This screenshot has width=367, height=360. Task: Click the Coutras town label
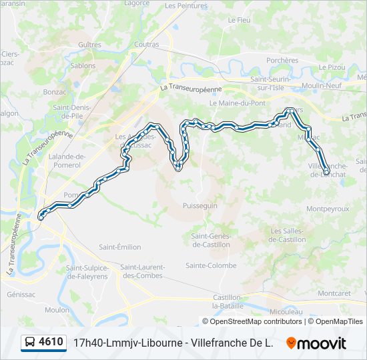[x=146, y=45]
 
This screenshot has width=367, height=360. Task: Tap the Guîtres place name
[x=89, y=45]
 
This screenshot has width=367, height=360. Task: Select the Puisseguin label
[x=200, y=206]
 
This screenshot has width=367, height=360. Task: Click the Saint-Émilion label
[x=119, y=247]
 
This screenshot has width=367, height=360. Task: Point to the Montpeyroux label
[x=327, y=209]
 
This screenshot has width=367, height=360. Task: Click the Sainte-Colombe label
[x=211, y=265]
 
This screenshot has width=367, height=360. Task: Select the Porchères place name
[x=282, y=60]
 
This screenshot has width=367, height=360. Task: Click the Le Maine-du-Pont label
[x=237, y=103]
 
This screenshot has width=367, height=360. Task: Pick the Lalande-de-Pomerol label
[x=67, y=161]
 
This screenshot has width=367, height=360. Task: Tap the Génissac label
[x=21, y=294]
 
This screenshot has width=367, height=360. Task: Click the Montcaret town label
[x=334, y=293]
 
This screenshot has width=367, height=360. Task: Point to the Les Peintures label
[x=186, y=6]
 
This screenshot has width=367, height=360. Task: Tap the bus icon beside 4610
[x=30, y=343]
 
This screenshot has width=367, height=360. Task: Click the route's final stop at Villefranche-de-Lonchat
[x=326, y=172]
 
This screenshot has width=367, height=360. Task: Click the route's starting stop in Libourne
[x=41, y=216]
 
